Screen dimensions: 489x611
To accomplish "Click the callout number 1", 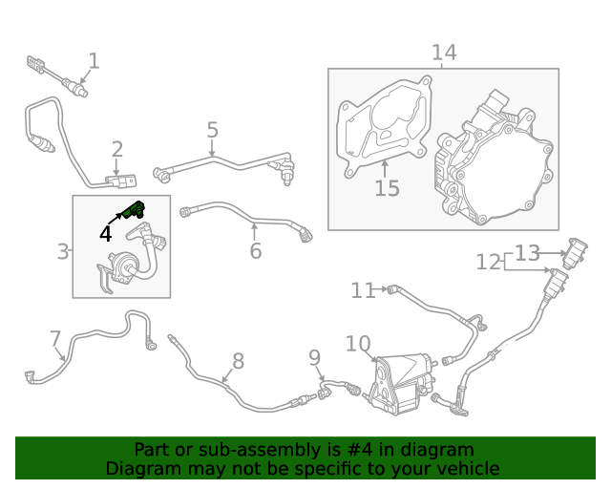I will click(x=94, y=62).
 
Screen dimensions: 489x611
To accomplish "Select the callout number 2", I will click(x=117, y=149).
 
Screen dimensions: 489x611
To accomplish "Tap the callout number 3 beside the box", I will click(x=63, y=252).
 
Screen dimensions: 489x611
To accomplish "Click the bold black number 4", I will click(x=105, y=233).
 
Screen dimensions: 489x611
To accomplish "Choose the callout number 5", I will click(x=212, y=130).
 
